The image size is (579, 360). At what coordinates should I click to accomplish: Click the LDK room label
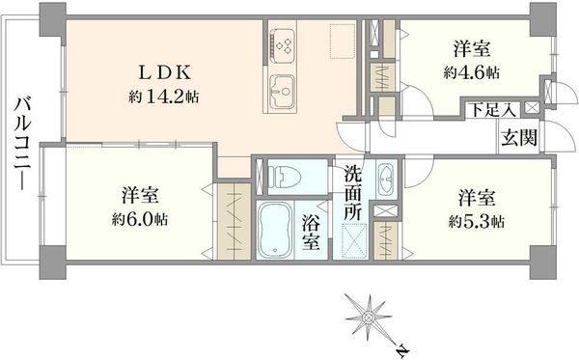click(x=164, y=72)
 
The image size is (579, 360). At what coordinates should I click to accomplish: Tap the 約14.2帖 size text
click(x=164, y=97)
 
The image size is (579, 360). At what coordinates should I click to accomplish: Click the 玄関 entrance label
click(x=519, y=138)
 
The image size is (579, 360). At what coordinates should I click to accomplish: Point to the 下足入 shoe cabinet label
click(x=492, y=110)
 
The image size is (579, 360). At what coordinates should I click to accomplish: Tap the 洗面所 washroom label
click(x=353, y=193)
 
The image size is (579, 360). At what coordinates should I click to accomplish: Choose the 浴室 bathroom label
click(x=311, y=233)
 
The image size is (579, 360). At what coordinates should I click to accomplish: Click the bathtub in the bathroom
click(x=275, y=230)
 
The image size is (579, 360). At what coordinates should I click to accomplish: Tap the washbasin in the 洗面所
click(x=387, y=179)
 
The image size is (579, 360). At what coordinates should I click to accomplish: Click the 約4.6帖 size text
click(x=472, y=72)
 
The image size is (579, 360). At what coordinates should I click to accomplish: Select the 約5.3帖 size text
click(x=477, y=222)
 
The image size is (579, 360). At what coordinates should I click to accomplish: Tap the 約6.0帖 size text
click(x=140, y=219)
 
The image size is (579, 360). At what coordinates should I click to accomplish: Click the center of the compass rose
click(x=369, y=318)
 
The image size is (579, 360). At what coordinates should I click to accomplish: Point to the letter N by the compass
click(x=402, y=348)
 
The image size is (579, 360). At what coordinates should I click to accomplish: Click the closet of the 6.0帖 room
click(x=234, y=221)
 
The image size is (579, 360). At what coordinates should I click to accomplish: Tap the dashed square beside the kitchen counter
click(x=343, y=42)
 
